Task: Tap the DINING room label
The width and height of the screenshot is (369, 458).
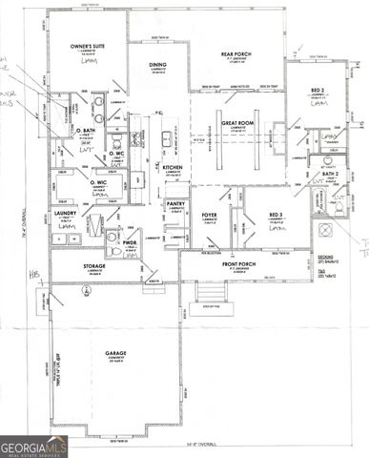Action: tap(158, 65)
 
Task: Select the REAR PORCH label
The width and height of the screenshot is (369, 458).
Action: tap(235, 55)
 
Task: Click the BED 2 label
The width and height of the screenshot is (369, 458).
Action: tap(318, 90)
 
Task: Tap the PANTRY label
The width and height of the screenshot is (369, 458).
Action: tap(175, 203)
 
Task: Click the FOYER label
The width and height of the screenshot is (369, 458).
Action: tap(210, 216)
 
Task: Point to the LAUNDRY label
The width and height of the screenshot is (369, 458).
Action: tap(65, 214)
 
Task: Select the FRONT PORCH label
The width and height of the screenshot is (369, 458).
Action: tap(239, 263)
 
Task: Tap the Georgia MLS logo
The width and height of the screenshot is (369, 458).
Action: tap(34, 446)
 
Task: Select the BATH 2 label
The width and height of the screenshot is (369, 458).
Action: tap(328, 176)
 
